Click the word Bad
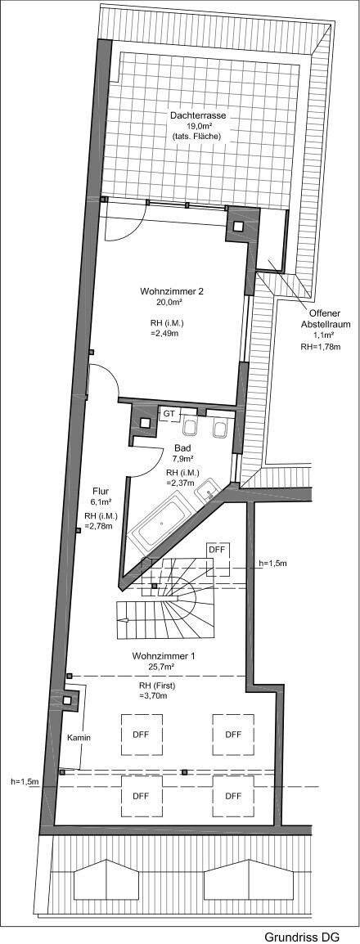coord(181,447)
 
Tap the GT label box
coord(169,415)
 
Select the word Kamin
coord(79,738)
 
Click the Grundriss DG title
coord(300,934)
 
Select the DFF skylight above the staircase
coord(217,551)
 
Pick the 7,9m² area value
coord(181,458)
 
